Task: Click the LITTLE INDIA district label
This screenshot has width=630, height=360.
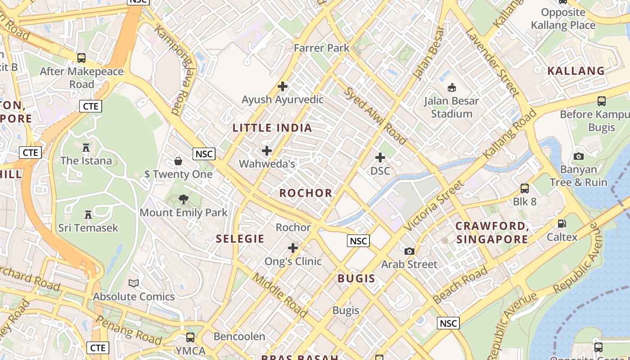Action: [272, 128]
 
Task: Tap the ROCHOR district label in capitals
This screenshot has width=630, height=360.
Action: [306, 193]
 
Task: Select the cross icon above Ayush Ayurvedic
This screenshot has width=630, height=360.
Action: [283, 86]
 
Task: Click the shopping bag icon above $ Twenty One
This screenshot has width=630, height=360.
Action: [178, 161]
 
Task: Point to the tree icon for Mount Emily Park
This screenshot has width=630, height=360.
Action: [183, 199]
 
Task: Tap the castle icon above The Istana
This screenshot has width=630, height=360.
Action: [86, 147]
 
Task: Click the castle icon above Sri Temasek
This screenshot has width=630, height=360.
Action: [88, 215]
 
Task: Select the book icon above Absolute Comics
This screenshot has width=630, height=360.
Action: [134, 283]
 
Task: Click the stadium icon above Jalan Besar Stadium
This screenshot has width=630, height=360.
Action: [451, 87]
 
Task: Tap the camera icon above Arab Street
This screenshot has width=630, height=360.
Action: [409, 251]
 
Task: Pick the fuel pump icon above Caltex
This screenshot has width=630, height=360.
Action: [562, 224]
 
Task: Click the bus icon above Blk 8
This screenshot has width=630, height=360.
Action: [525, 188]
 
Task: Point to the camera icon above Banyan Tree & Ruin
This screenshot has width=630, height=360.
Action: [579, 156]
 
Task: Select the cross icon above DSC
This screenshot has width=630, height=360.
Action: [380, 157]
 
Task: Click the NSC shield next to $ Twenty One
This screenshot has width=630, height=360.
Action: [204, 154]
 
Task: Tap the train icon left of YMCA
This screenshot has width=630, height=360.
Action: [190, 337]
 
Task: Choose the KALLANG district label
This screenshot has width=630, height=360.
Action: [576, 71]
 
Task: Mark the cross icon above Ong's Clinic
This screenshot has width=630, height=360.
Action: [293, 248]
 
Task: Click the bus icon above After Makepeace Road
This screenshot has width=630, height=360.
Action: [81, 58]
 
